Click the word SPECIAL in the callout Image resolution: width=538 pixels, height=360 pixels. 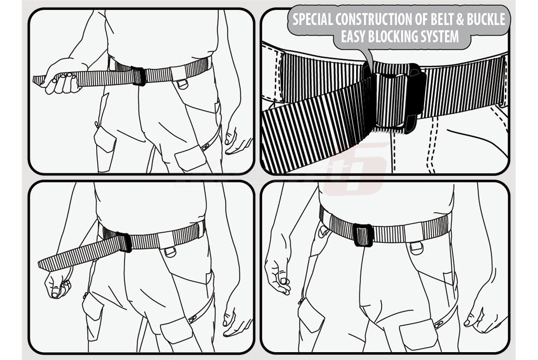pos(313,19)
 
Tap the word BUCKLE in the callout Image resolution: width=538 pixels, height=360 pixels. pos(486,19)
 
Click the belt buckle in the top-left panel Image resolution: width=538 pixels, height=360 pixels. pos(139,76)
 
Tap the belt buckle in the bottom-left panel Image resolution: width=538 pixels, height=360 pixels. pos(124,242)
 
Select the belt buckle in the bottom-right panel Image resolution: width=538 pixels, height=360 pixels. pos(363,235)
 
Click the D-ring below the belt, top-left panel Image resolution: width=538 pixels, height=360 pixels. pos(182,84)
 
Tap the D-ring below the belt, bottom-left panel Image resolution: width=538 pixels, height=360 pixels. pos(170,252)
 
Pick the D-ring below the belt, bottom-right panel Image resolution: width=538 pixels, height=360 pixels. pos(416,248)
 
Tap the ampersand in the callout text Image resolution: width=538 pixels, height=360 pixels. pos(460,19)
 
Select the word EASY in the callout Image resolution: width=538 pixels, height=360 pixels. pos(353,36)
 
